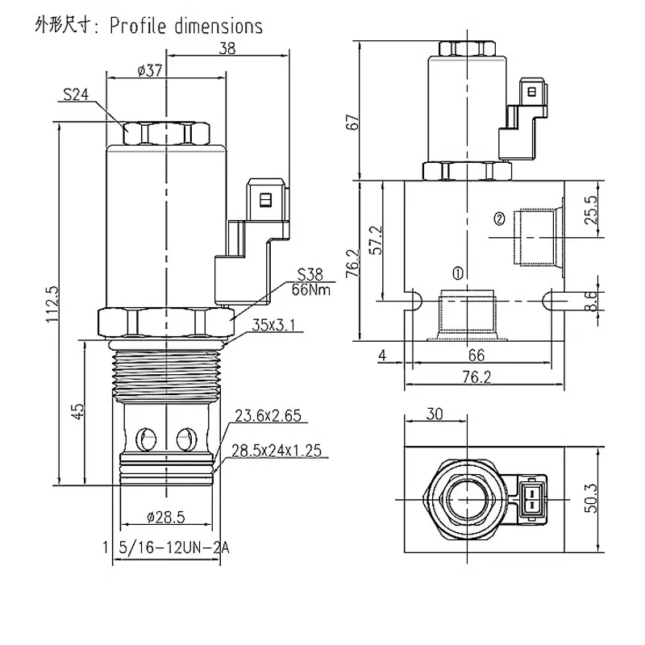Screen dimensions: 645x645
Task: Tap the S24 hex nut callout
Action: point(75,94)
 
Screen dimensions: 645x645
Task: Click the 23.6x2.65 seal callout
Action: point(268,417)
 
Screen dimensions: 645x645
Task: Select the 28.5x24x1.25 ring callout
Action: point(277,451)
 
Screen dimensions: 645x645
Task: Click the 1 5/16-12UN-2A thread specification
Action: point(165,548)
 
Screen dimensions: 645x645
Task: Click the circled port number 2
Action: point(499,218)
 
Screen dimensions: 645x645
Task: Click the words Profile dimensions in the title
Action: point(186,27)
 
